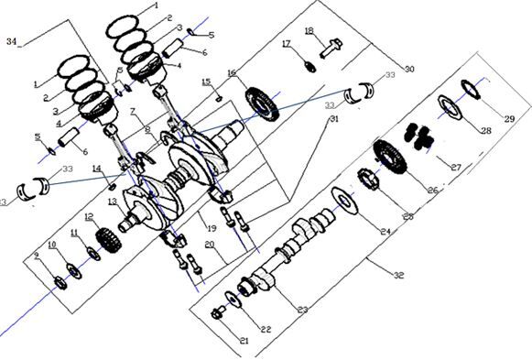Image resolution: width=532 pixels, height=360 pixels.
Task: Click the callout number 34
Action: [x=11, y=42]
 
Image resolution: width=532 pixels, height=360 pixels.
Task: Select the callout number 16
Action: [x=232, y=72]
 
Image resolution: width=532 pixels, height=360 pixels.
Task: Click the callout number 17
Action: [x=287, y=44]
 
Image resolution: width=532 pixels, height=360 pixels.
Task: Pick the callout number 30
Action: [x=408, y=70]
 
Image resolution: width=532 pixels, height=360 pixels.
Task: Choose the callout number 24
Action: [x=386, y=232]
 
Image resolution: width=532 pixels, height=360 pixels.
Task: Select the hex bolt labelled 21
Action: [x=219, y=314]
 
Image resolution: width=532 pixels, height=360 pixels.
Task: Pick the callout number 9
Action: [x=37, y=256]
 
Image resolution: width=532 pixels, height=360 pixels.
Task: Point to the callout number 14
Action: [x=96, y=169]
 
